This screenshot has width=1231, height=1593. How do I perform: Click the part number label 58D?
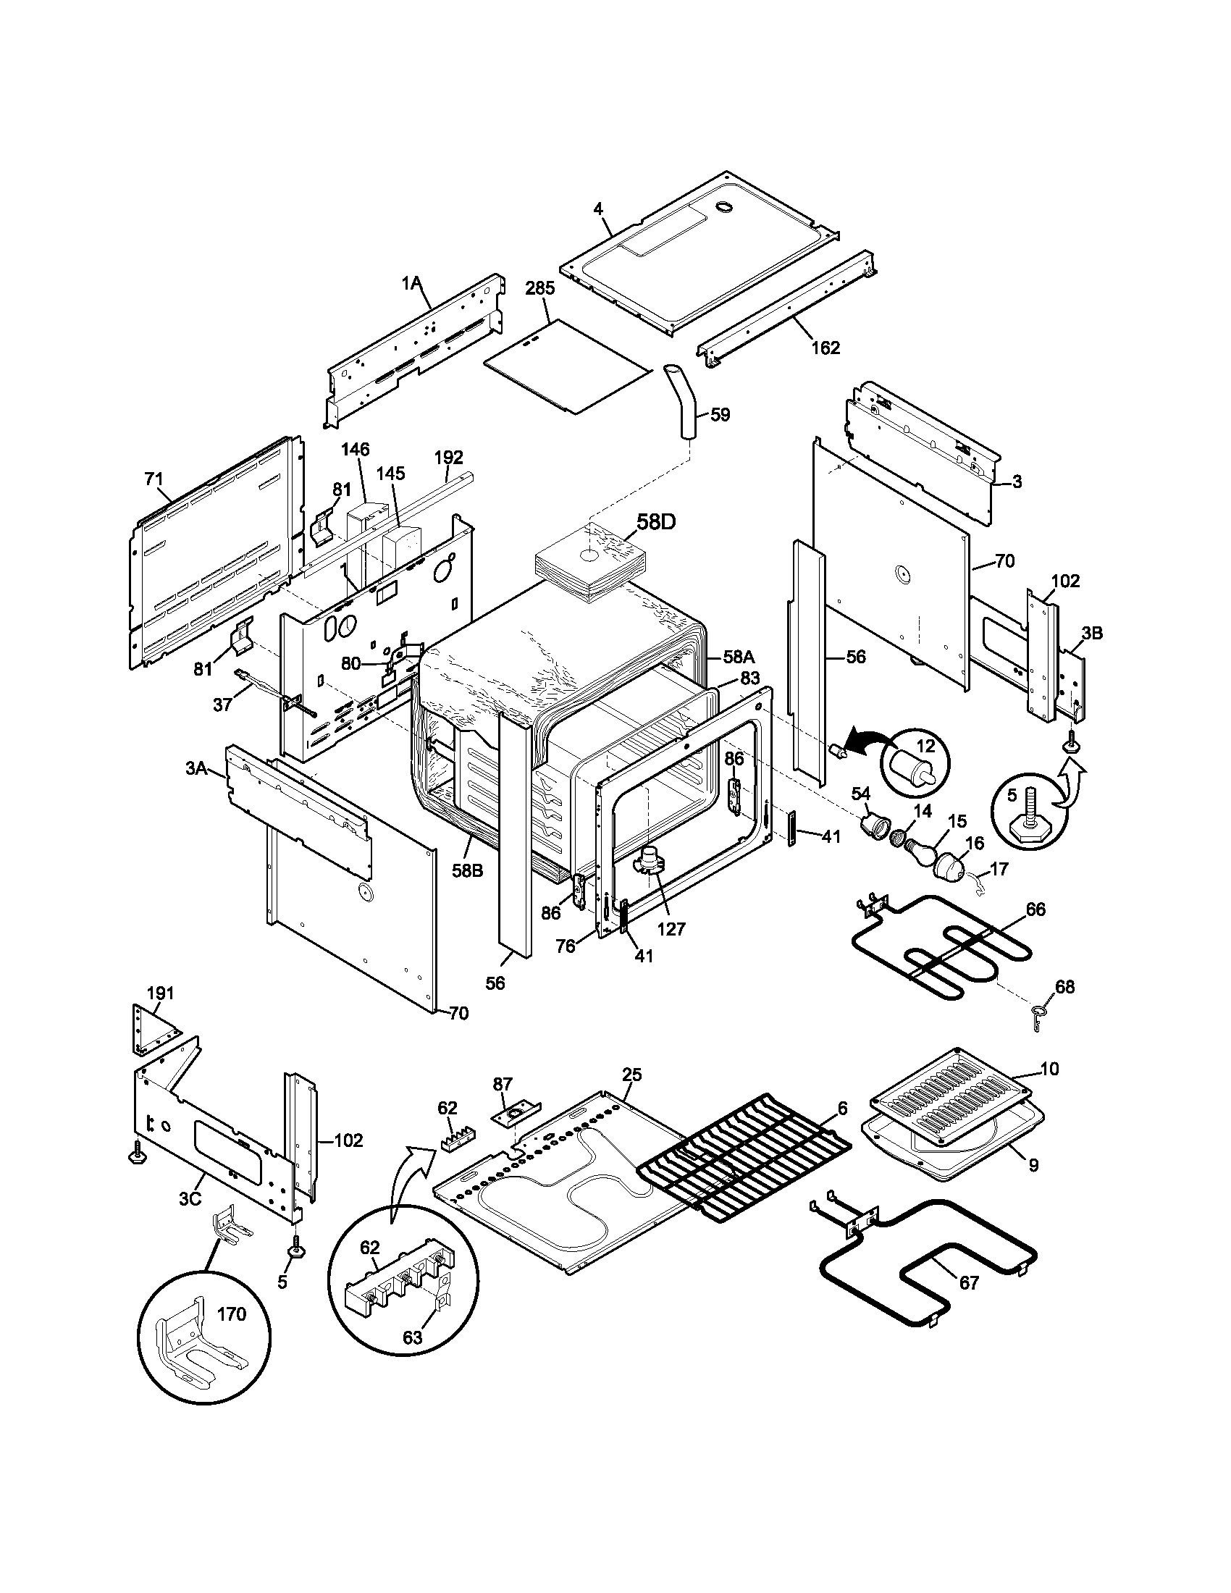click(656, 522)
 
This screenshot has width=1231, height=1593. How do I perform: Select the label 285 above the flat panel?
click(539, 288)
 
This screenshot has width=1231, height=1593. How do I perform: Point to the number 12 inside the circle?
click(925, 747)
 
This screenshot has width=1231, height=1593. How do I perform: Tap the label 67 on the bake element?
click(968, 1283)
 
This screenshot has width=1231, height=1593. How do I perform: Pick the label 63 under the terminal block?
click(413, 1337)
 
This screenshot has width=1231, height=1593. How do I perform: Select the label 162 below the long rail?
click(825, 348)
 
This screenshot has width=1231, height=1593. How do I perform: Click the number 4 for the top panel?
click(598, 209)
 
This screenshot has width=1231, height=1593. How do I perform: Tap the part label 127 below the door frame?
click(671, 928)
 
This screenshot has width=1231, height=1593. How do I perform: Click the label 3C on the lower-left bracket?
click(190, 1199)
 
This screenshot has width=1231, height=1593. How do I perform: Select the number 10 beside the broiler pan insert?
click(1049, 1069)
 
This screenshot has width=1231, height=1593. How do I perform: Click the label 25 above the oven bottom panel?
click(631, 1075)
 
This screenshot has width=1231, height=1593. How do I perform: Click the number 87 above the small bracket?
click(503, 1084)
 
